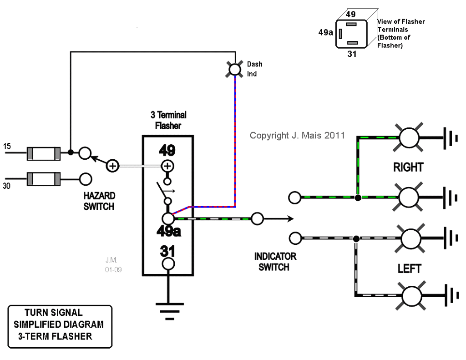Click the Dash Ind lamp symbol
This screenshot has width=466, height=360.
click(x=235, y=69)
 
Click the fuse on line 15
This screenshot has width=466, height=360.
click(x=44, y=153)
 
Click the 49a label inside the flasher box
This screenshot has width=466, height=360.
click(x=168, y=232)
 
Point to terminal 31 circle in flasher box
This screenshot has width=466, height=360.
click(x=168, y=264)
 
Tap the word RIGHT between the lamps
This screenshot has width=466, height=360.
click(x=408, y=167)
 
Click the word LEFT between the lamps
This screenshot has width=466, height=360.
click(x=409, y=268)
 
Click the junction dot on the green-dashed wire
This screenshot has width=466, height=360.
click(x=358, y=198)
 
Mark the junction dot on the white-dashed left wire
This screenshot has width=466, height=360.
click(x=356, y=238)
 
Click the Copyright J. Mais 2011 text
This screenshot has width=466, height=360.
click(x=297, y=135)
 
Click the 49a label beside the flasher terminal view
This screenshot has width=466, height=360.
click(x=325, y=32)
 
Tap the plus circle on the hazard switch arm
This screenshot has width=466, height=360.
click(x=112, y=166)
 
